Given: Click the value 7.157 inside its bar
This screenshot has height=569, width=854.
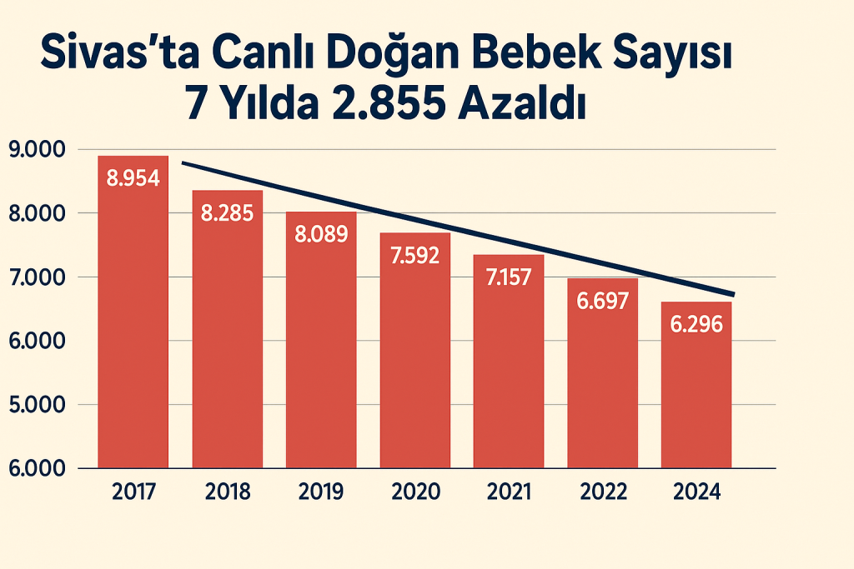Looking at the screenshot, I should pos(509,277).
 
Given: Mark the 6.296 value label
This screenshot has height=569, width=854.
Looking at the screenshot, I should pos(696,324).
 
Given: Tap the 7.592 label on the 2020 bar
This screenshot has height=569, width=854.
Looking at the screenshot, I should pos(415,255).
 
